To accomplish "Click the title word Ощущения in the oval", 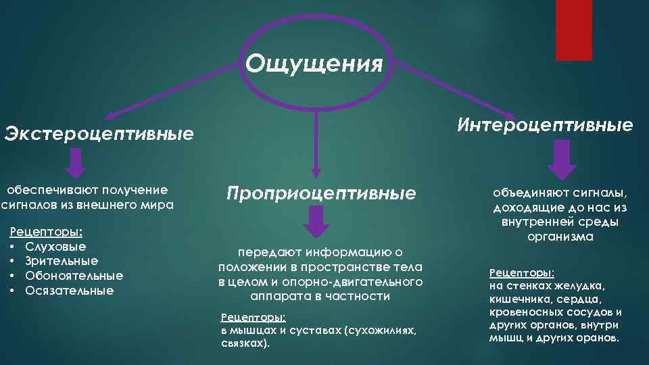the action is pyautogui.click(x=314, y=64).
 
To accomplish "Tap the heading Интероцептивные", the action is pyautogui.click(x=545, y=125).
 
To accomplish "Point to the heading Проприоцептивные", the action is pyautogui.click(x=321, y=194).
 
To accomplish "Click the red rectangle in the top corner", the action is pyautogui.click(x=573, y=30).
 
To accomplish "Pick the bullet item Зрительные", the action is pyautogui.click(x=62, y=261).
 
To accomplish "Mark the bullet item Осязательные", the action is pyautogui.click(x=70, y=291).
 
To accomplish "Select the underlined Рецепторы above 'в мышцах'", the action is pyautogui.click(x=254, y=317).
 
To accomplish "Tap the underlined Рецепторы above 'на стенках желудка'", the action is pyautogui.click(x=521, y=273).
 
